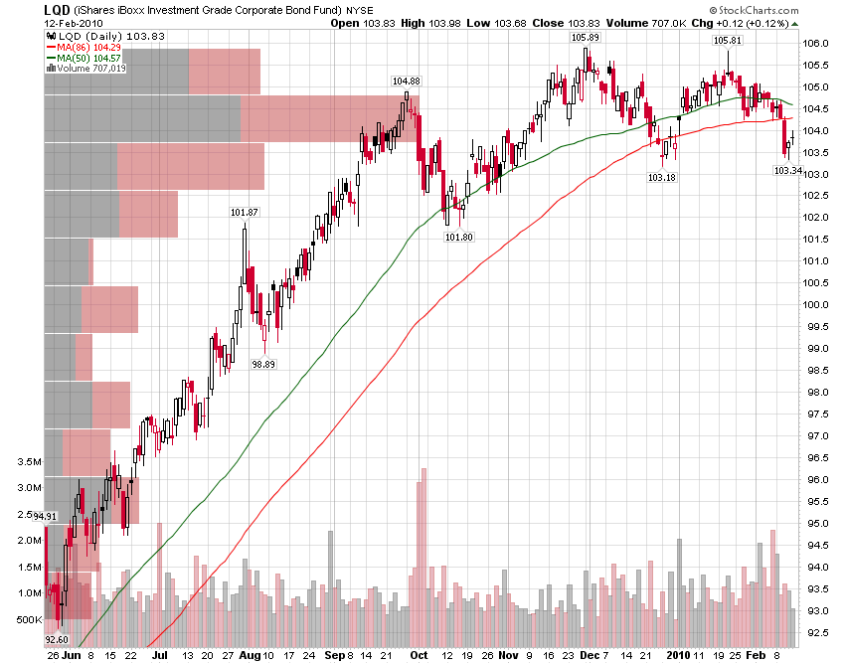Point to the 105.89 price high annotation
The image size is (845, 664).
click(585, 37)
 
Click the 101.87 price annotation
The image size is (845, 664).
click(244, 212)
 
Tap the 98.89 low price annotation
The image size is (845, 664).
click(263, 364)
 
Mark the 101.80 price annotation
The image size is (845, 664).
click(458, 237)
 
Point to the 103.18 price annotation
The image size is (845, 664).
click(661, 177)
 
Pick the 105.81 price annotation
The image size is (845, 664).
click(728, 40)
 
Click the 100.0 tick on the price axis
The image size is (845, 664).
click(817, 305)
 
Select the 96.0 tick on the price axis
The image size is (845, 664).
click(817, 480)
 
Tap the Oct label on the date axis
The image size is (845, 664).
click(419, 655)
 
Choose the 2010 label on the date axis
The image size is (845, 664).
click(679, 655)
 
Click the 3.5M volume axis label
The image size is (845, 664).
click(29, 462)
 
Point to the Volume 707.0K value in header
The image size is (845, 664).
click(631, 23)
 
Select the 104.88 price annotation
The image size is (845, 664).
click(406, 81)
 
